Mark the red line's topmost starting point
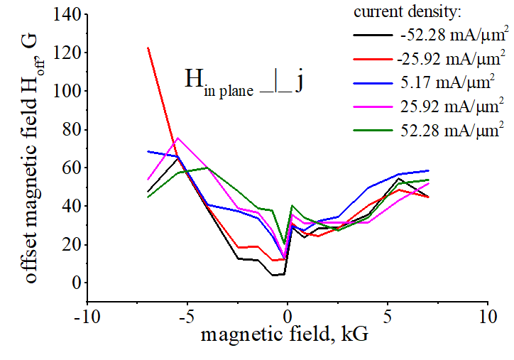coord(148,48)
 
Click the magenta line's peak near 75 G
coord(178,138)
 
